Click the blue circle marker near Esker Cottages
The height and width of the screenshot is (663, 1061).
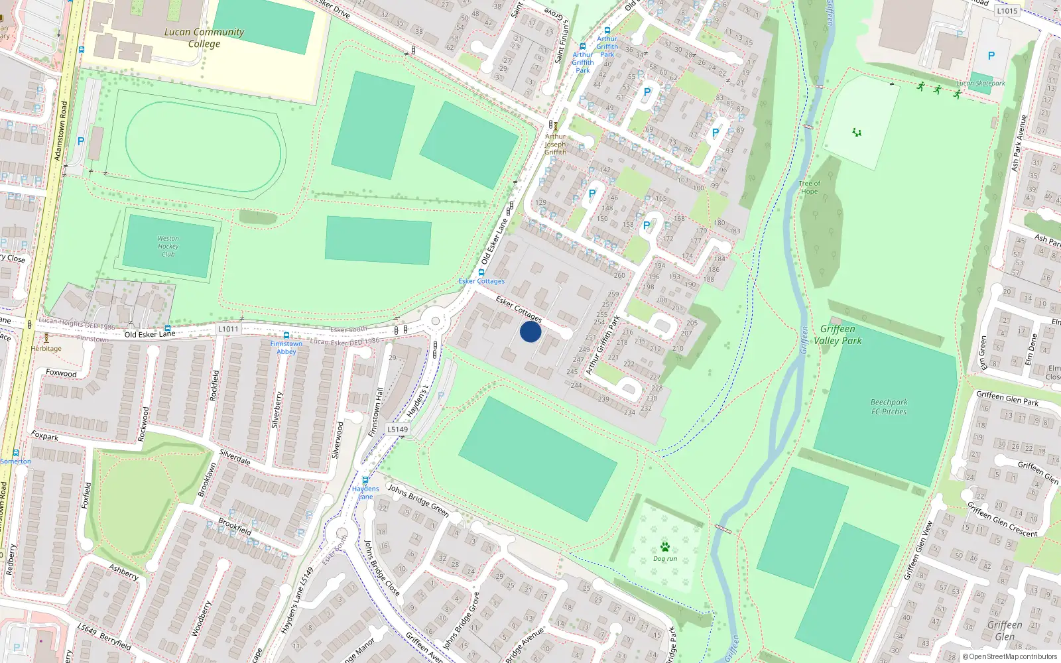(530, 331)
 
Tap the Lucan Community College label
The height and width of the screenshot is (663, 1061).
(204, 38)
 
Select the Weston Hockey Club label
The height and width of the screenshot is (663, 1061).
(168, 246)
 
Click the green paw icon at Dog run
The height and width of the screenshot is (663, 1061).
(664, 547)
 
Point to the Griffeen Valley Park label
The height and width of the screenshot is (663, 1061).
(838, 335)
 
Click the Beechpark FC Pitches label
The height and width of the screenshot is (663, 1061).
(889, 407)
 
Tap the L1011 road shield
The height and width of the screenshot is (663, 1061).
(227, 329)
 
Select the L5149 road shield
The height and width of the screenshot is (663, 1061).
(397, 430)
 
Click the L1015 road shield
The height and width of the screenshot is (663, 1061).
(1007, 11)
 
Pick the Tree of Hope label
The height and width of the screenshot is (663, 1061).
(809, 188)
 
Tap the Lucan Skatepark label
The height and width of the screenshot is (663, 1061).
(981, 84)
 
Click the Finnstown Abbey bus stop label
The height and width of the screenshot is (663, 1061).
(286, 347)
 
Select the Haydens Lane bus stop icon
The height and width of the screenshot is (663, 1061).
(365, 480)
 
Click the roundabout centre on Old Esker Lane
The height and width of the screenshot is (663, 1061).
(435, 321)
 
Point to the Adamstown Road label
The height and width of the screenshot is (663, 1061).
(60, 131)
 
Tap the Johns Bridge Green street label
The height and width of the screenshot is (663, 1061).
(418, 500)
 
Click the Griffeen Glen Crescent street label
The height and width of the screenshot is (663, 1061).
(1002, 519)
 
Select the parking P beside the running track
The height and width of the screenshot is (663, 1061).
(81, 141)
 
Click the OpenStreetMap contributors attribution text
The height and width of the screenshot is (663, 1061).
(1009, 656)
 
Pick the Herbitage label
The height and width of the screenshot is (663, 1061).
(46, 349)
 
